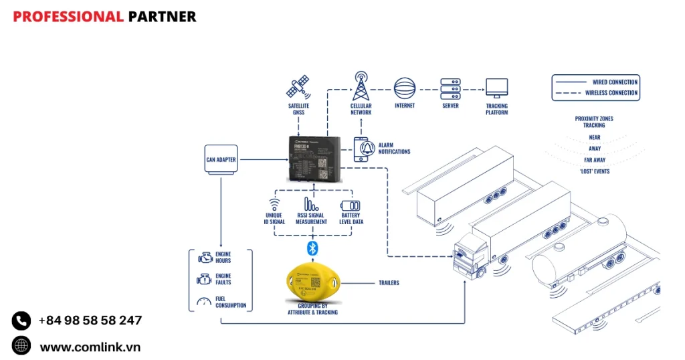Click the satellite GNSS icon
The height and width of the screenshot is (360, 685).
298,88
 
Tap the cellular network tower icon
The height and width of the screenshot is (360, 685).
361,86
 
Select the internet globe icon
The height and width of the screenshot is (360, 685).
405,88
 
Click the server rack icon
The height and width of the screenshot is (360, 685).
450,88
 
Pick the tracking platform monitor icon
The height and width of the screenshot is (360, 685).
496,88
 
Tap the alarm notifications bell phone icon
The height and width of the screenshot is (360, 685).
363,149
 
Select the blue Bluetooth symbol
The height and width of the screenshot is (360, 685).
311,249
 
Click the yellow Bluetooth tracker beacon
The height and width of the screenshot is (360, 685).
312,282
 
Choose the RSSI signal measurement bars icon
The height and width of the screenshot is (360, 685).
311,204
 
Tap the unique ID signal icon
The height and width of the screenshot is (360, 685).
274,205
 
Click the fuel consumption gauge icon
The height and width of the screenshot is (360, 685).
204,302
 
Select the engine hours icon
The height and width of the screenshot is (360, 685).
205,258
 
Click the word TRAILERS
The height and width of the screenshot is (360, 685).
389,283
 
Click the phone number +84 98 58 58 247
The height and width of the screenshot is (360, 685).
90,321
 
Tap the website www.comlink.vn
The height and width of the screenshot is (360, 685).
90,347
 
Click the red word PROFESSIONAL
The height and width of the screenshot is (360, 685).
68,17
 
